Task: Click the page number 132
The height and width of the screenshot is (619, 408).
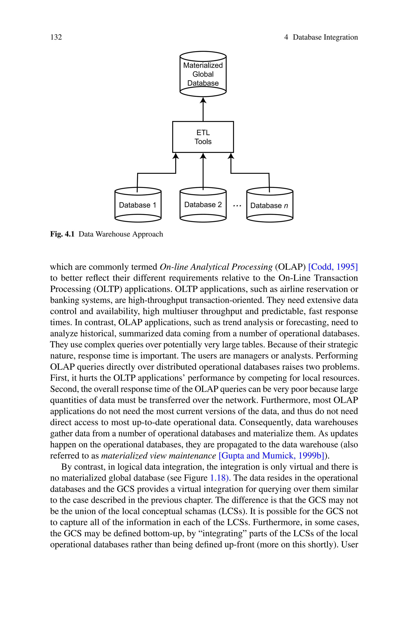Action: tap(56, 37)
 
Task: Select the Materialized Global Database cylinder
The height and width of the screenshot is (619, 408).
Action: tap(203, 74)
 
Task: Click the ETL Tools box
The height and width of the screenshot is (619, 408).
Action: tap(203, 137)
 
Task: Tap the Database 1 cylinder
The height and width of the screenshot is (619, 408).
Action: tap(138, 205)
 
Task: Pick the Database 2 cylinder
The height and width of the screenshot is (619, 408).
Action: tap(203, 205)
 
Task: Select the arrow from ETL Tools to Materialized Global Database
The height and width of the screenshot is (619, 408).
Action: tap(203, 109)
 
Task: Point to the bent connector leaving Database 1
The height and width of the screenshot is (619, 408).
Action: tap(156, 173)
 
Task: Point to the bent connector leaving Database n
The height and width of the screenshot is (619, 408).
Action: tap(250, 173)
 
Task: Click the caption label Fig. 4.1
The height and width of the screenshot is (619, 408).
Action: tap(62, 234)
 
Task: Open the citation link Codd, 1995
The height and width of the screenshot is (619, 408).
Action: tap(333, 267)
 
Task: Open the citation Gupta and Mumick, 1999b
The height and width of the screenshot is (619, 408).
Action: tap(272, 456)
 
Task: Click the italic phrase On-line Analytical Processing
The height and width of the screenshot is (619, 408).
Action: tap(216, 267)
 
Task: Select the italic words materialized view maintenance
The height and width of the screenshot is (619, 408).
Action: tap(158, 456)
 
